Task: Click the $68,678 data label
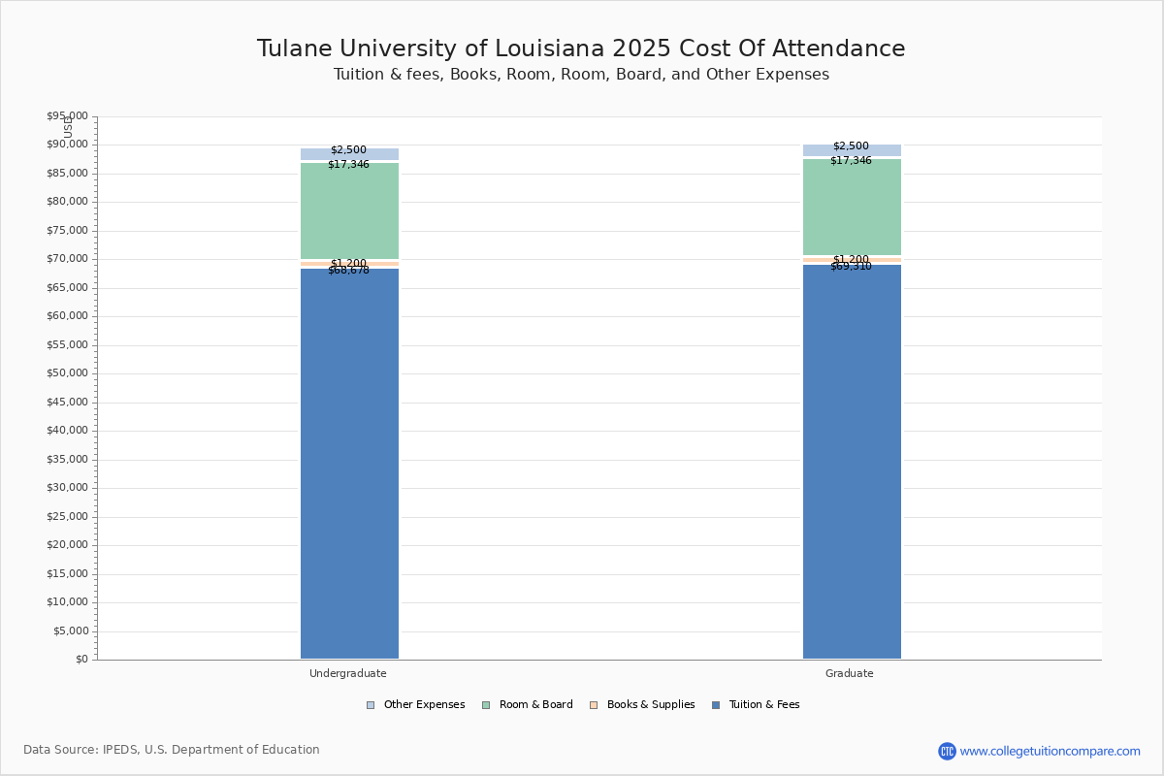tap(348, 271)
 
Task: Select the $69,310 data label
tap(851, 267)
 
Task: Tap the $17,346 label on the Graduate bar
tap(851, 161)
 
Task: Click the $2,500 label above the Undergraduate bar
tap(348, 150)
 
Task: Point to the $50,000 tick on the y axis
tap(67, 373)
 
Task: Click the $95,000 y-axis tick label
tap(67, 116)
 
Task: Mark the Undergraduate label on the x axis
tap(348, 673)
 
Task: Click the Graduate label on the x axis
tap(850, 673)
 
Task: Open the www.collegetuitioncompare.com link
tap(1050, 751)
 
